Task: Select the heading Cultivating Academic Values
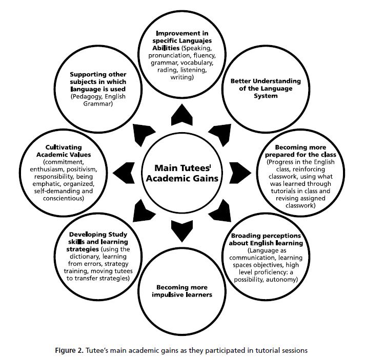(60, 150)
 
